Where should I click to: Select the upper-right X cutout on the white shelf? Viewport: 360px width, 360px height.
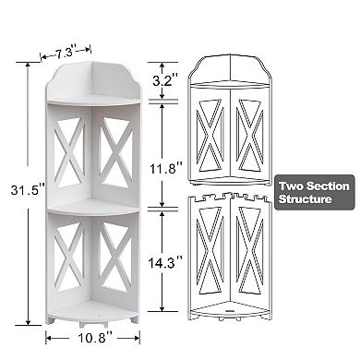116,149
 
